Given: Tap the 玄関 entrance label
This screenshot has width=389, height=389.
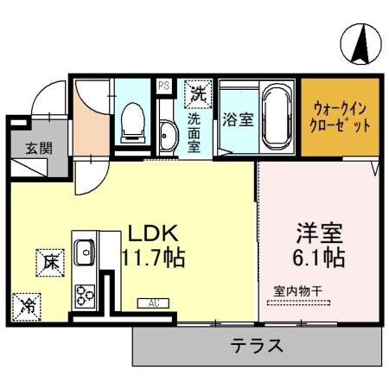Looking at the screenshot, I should [x=35, y=148].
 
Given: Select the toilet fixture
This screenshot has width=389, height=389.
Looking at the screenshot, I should [x=133, y=121].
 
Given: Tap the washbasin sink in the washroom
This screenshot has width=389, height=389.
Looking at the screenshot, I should [x=167, y=134].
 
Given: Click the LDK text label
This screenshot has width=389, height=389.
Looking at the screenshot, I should [x=153, y=233].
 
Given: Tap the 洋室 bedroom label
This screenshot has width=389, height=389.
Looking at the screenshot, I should [x=320, y=233].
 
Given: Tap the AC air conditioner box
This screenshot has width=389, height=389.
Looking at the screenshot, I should [x=153, y=303].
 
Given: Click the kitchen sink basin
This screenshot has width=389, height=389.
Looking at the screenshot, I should [x=85, y=253].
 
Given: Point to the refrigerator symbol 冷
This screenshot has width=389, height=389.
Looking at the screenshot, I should [x=27, y=304].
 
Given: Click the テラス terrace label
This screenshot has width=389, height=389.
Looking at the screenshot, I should [x=257, y=347].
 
